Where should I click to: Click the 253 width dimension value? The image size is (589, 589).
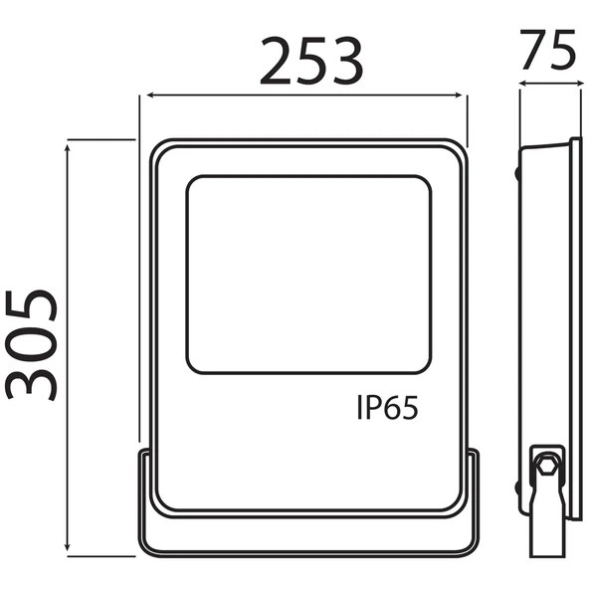311,63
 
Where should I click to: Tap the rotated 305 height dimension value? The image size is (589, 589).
30,343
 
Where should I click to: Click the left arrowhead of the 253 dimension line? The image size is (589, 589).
146,97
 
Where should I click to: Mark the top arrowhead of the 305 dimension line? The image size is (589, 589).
68,145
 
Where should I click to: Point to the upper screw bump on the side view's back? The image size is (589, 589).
518,171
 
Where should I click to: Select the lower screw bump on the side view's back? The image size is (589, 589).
518,488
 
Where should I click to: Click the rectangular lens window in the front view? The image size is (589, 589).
308,275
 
